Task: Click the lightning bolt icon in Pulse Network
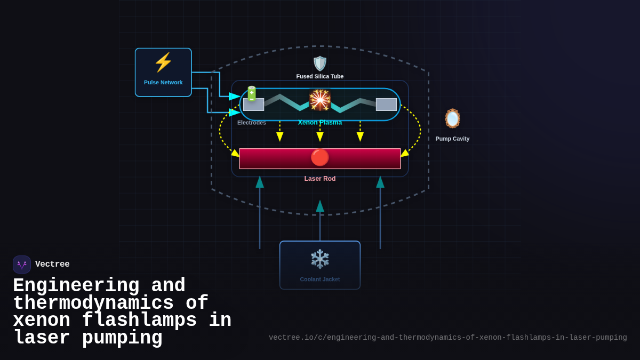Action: pyautogui.click(x=163, y=62)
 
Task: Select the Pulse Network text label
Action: pyautogui.click(x=163, y=83)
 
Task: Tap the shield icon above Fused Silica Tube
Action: pyautogui.click(x=320, y=63)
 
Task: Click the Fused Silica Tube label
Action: pyautogui.click(x=320, y=76)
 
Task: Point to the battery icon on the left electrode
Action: pyautogui.click(x=251, y=94)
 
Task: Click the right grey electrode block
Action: pyautogui.click(x=386, y=105)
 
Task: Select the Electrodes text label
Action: pyautogui.click(x=252, y=123)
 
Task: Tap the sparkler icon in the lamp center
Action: pyautogui.click(x=320, y=100)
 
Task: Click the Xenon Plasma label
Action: pyautogui.click(x=320, y=123)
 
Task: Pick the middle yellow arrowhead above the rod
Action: pyautogui.click(x=320, y=137)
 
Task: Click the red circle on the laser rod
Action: pyautogui.click(x=320, y=157)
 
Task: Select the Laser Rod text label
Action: pyautogui.click(x=320, y=179)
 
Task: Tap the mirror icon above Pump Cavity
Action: pyautogui.click(x=452, y=118)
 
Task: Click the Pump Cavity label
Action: pyautogui.click(x=452, y=139)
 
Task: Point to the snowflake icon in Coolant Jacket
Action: pyautogui.click(x=320, y=259)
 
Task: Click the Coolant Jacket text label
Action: pyautogui.click(x=320, y=279)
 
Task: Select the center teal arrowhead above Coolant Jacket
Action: pyautogui.click(x=320, y=206)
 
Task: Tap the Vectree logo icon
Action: pyautogui.click(x=22, y=265)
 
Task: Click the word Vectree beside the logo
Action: pyautogui.click(x=52, y=265)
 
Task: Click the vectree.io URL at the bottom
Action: pyautogui.click(x=447, y=338)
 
